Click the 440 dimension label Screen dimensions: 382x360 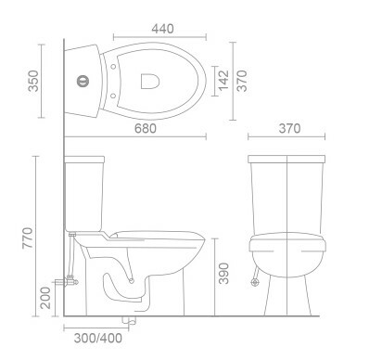click(162, 29)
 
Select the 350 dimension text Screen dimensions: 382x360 click(33, 81)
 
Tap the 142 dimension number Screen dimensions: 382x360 click(223, 81)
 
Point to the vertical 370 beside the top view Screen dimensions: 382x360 click(242, 81)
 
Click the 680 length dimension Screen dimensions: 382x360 click(146, 128)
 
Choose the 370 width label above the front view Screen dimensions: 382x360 click(289, 128)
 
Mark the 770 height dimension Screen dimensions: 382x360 click(28, 238)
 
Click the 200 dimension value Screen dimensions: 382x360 click(45, 298)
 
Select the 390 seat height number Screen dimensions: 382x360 click(223, 274)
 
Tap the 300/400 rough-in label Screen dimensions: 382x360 click(98, 338)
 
